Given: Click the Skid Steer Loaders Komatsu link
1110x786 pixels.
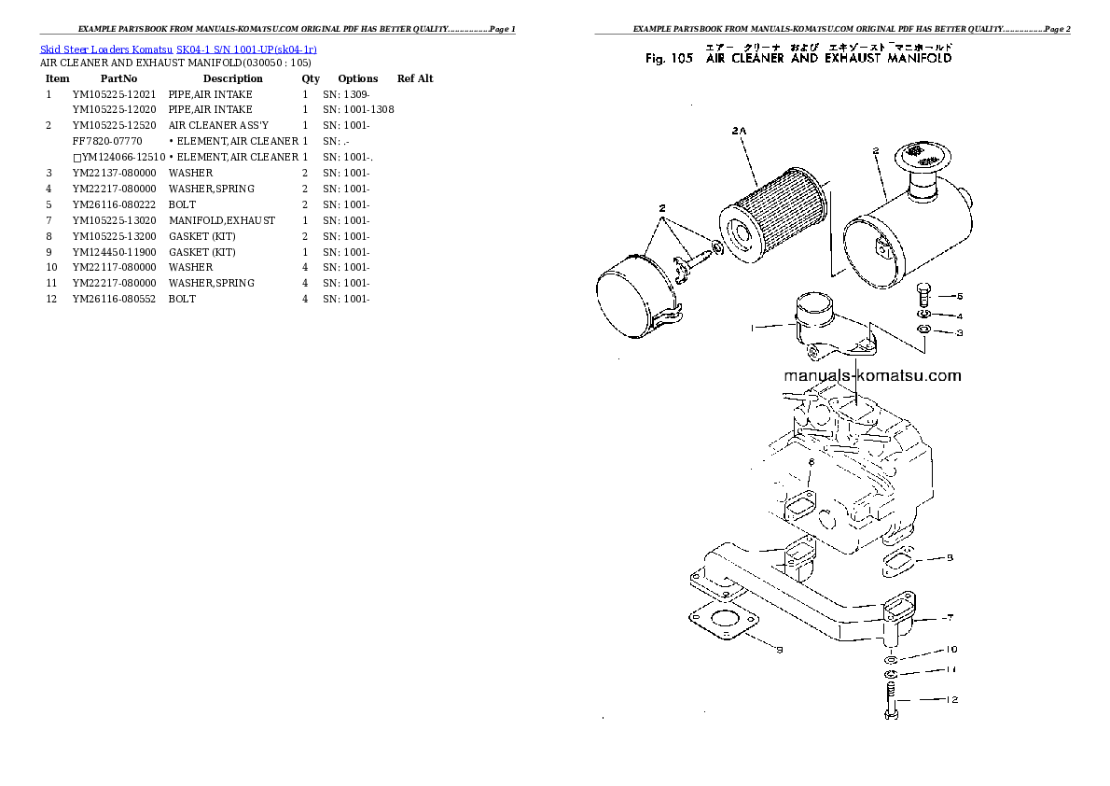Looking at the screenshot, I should [106, 49].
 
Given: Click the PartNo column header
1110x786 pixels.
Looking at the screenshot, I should [118, 79].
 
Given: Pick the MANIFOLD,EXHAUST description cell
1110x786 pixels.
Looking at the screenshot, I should [221, 220].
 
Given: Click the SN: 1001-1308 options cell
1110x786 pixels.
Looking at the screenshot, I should [358, 110].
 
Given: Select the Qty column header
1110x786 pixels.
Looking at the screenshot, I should [311, 79].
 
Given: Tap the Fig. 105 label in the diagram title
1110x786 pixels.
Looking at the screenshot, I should [668, 58].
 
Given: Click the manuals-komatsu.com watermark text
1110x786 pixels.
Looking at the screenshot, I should [872, 376].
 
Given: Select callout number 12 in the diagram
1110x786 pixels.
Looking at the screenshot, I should [950, 699].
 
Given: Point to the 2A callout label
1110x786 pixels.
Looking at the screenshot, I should [739, 133].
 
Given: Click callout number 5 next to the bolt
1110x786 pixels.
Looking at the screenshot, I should [959, 296].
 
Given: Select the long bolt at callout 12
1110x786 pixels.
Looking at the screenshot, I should [890, 700].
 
